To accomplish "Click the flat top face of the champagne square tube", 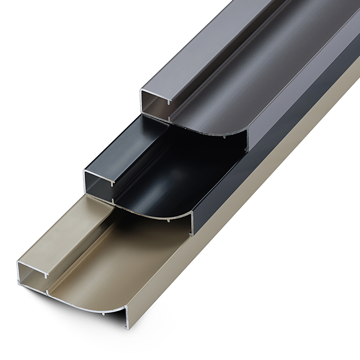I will click(x=58, y=234).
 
